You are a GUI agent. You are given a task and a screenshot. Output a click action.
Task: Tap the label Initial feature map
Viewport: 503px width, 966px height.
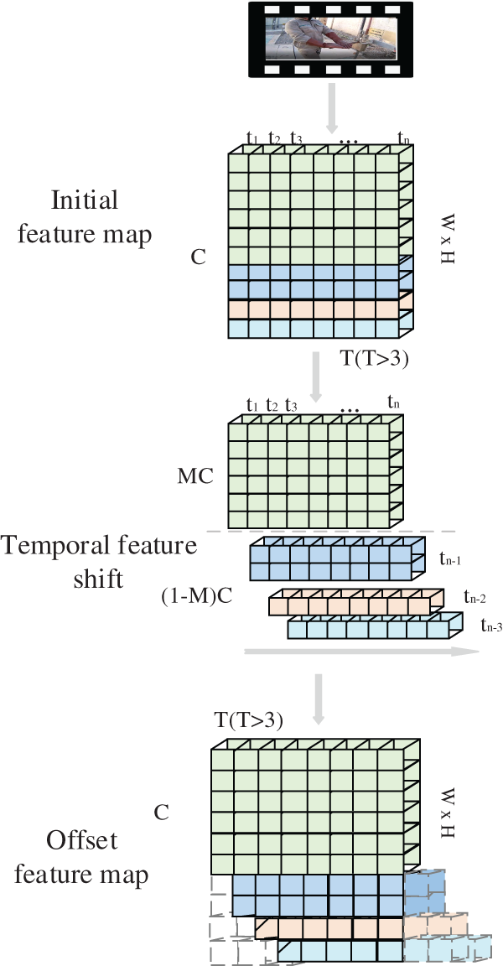pyautogui.click(x=101, y=217)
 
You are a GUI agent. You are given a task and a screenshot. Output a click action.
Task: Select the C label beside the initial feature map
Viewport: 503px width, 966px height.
pyautogui.click(x=198, y=257)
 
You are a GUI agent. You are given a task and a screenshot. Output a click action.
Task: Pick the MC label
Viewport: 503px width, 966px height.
pyautogui.click(x=195, y=477)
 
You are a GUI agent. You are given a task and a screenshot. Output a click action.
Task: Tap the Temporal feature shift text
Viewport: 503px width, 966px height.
pyautogui.click(x=99, y=562)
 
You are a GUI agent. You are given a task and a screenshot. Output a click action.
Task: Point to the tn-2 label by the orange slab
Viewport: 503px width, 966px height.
pyautogui.click(x=475, y=597)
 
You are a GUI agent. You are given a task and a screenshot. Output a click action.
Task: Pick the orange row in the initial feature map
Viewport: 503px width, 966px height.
pyautogui.click(x=315, y=309)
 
